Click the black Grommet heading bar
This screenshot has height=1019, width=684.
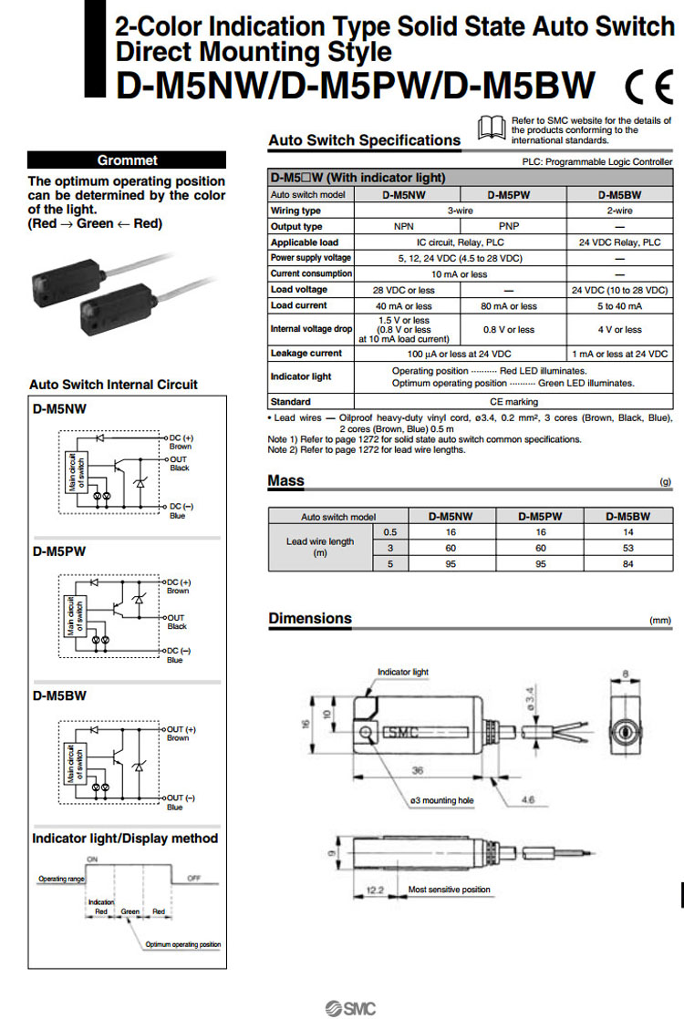[127, 160]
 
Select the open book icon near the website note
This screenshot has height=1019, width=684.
[491, 127]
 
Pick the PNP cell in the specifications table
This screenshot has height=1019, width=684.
[513, 226]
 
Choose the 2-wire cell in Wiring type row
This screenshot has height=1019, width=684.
[619, 211]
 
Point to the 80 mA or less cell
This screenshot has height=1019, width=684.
[513, 306]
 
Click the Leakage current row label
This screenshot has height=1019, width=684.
[306, 353]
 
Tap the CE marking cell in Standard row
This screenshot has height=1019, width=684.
[514, 401]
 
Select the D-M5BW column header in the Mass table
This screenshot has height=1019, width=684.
[628, 516]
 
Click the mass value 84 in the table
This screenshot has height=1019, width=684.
[628, 563]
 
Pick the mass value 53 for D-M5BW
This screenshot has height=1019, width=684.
[628, 548]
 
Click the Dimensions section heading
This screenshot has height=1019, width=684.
[310, 619]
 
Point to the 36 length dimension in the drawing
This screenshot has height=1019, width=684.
[417, 771]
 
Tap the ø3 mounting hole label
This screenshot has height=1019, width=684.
[442, 799]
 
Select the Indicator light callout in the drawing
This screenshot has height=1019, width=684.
[402, 672]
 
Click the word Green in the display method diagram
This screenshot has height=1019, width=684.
[130, 911]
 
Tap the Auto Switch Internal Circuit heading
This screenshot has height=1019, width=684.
[113, 385]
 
